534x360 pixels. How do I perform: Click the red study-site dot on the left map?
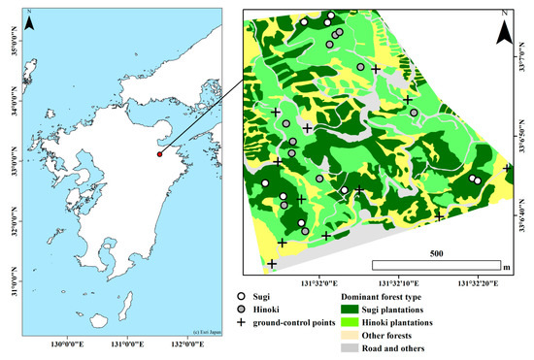click(x=159, y=152)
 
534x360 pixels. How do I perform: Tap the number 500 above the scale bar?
click(x=437, y=253)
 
